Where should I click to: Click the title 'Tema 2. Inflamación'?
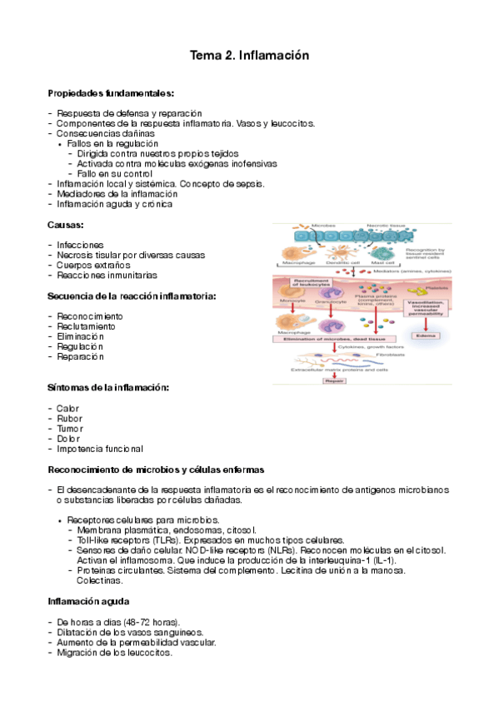[x=250, y=56]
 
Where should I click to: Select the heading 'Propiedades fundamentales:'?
[x=111, y=92]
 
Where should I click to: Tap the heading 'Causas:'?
[x=67, y=225]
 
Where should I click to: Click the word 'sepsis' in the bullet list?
[x=249, y=183]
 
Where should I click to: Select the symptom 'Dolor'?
[x=68, y=438]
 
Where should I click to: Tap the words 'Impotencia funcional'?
[x=99, y=448]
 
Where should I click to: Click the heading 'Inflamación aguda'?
[x=88, y=600]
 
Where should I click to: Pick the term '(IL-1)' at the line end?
[x=382, y=559]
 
